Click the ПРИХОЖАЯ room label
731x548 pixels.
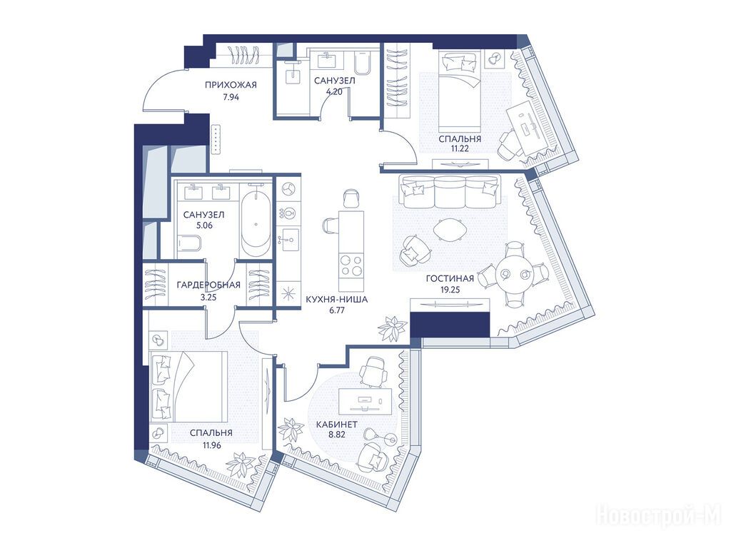pos(231,85)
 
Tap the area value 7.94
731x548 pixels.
pos(231,97)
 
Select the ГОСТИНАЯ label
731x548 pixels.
pos(450,279)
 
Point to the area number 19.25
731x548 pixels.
pos(450,290)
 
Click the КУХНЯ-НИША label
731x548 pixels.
pos(337,299)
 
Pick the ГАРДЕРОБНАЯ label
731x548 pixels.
pos(208,285)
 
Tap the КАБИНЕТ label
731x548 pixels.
pos(337,425)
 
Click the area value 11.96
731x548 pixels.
pos(211,445)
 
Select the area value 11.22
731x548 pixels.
pos(459,149)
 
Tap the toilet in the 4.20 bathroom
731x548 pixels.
pos(362,63)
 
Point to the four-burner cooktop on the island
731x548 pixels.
pos(351,265)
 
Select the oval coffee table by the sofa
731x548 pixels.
pos(450,230)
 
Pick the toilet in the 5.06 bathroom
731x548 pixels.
pos(189,244)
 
